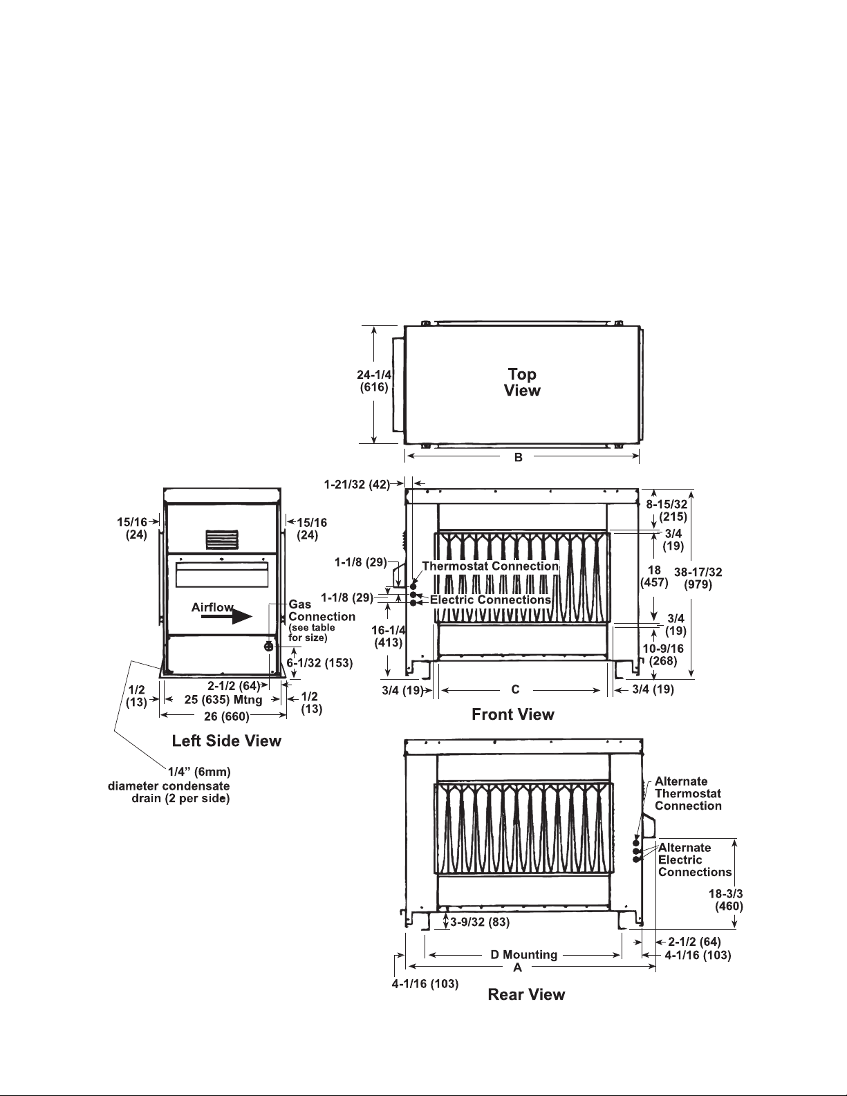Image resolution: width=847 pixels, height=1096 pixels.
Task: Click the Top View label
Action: tap(522, 382)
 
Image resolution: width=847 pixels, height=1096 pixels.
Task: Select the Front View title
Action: tap(513, 714)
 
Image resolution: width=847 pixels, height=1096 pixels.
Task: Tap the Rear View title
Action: tap(526, 994)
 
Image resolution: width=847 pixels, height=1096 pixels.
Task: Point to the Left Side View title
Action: tap(226, 741)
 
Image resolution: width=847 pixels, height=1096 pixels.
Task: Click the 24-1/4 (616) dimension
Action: tap(374, 381)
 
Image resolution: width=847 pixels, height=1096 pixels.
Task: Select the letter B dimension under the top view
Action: tap(519, 458)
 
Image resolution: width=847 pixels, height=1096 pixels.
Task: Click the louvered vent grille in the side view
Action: tap(221, 539)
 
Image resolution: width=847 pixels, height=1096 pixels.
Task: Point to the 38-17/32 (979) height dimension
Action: tap(698, 578)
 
